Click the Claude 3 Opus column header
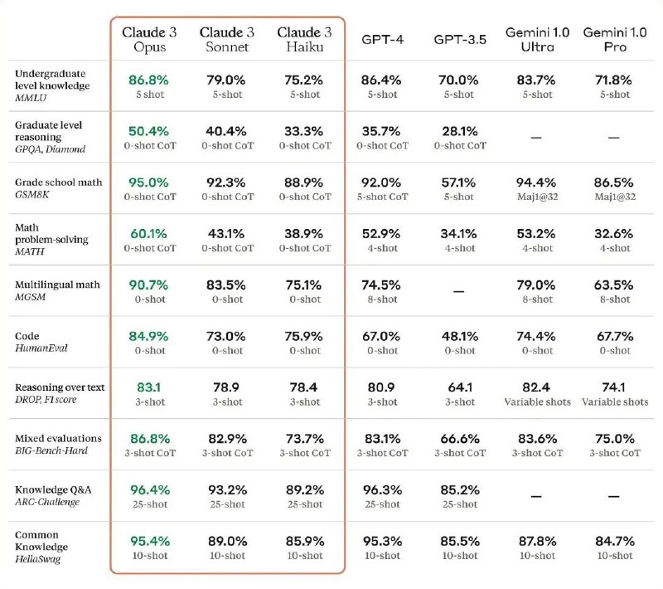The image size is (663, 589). (149, 39)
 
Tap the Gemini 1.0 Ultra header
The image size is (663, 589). (536, 39)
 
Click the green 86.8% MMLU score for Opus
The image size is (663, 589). (149, 80)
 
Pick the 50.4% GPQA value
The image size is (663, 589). (149, 131)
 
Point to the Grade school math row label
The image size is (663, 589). (58, 182)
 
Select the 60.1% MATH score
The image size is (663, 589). (149, 233)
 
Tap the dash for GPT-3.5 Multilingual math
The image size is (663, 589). (458, 292)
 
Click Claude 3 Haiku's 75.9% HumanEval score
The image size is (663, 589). (304, 336)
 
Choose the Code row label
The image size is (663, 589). (27, 336)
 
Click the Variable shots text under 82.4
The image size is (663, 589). (536, 402)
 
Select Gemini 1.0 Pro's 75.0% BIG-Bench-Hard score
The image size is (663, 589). (614, 439)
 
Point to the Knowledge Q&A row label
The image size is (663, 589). (53, 489)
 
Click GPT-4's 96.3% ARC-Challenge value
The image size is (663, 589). (381, 489)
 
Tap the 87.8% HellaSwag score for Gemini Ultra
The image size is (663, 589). (536, 541)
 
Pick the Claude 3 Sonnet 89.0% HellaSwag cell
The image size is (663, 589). (226, 541)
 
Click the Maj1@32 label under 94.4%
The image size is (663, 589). (536, 197)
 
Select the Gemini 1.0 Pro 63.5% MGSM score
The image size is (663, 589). (614, 285)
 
